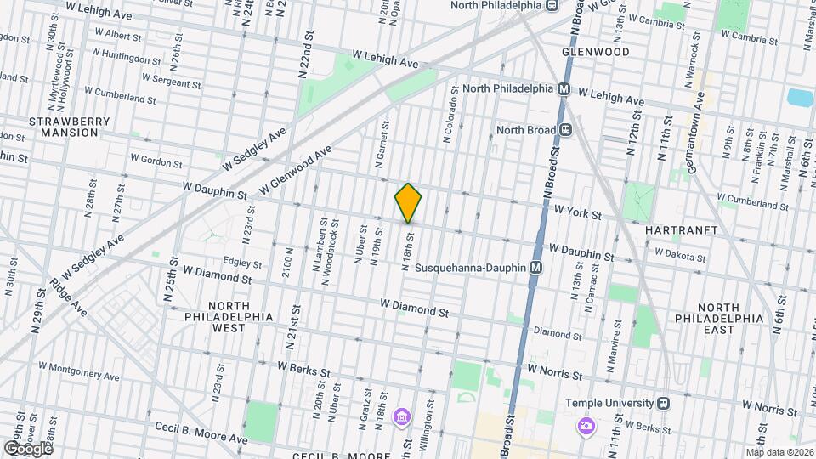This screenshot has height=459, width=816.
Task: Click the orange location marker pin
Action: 408,203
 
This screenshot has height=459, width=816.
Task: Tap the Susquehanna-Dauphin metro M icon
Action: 536,267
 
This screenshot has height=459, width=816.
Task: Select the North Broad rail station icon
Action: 565,130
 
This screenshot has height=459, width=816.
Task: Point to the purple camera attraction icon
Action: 586,424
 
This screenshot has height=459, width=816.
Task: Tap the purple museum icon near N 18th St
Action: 400,416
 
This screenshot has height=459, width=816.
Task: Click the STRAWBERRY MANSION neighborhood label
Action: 70,127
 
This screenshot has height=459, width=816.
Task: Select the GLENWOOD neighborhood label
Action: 596,52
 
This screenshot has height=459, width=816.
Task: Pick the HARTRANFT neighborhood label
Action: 682,230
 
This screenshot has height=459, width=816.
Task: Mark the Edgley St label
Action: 241,261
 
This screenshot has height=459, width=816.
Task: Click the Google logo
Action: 28,448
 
